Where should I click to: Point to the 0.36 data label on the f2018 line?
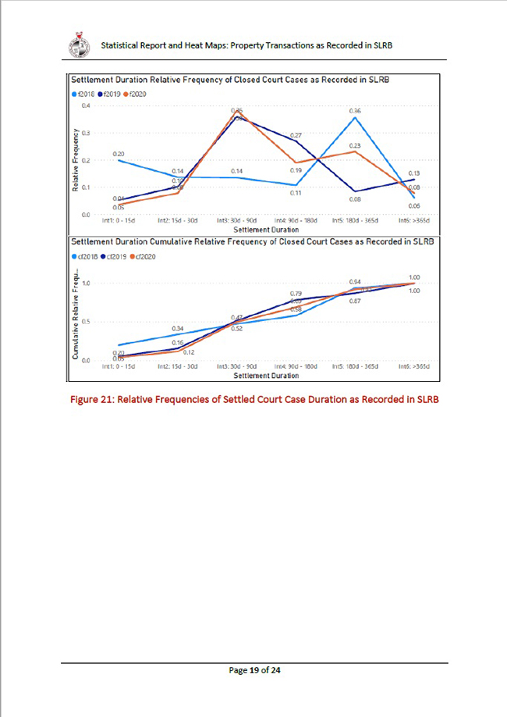click(x=355, y=112)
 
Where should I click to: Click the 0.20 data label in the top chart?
click(x=119, y=154)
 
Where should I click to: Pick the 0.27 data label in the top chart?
click(x=296, y=136)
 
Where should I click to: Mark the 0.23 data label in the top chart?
click(x=355, y=146)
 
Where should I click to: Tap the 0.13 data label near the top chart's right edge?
click(x=414, y=173)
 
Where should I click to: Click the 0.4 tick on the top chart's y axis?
click(x=87, y=105)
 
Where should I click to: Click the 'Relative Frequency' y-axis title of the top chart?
click(x=76, y=160)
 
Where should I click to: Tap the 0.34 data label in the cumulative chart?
click(x=178, y=329)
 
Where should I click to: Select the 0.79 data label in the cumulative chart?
click(x=296, y=293)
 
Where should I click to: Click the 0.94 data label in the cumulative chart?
click(x=355, y=282)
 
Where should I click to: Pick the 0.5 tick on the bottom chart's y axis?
click(x=87, y=322)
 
